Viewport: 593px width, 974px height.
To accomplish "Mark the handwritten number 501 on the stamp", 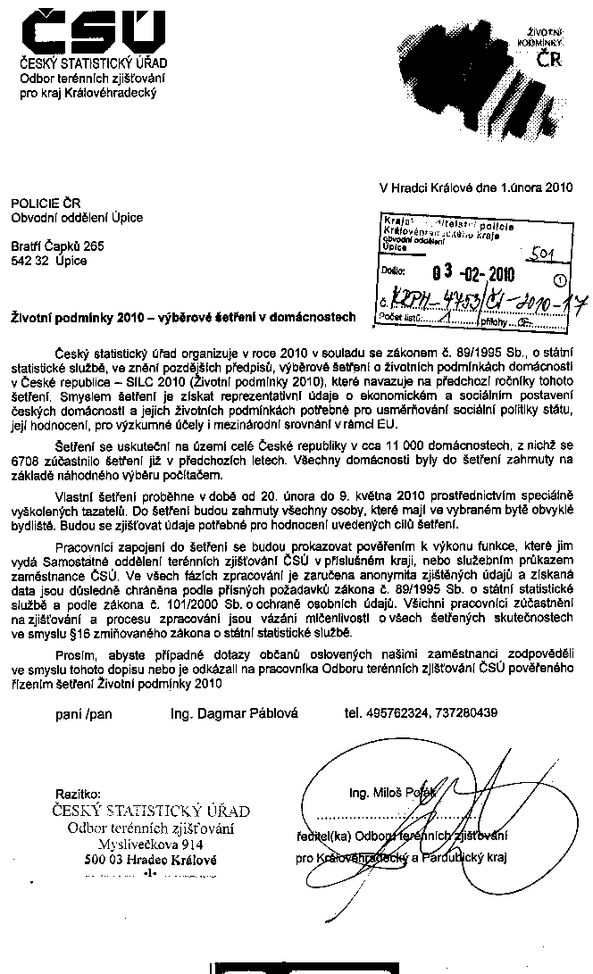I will coord(539,255).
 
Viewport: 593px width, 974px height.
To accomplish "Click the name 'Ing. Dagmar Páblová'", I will coord(235,712).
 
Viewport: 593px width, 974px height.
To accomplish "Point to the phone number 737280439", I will coord(483,712).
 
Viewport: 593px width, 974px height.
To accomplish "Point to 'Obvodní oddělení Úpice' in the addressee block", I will coord(77,217).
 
